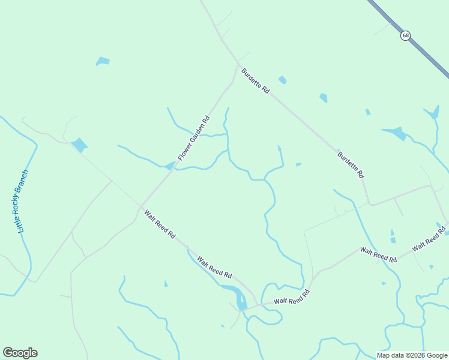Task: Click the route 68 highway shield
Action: [x=406, y=36]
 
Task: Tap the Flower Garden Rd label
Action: [x=194, y=138]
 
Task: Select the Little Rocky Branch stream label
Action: [x=23, y=202]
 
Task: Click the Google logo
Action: [x=20, y=353]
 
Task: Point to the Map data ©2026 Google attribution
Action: [x=412, y=355]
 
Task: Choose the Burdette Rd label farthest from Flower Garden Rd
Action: [x=351, y=165]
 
